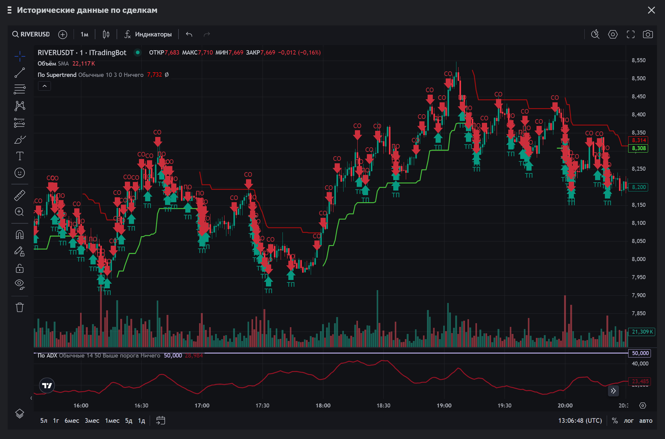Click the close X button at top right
click(651, 10)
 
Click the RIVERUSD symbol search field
click(31, 34)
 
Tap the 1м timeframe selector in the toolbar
click(84, 34)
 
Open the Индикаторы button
click(148, 34)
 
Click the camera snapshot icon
click(648, 34)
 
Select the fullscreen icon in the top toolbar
click(630, 34)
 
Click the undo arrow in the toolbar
click(189, 34)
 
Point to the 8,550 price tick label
click(639, 60)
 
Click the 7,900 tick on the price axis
click(639, 295)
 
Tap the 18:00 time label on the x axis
click(323, 406)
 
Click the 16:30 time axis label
click(141, 406)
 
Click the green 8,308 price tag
click(639, 148)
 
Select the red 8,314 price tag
click(639, 140)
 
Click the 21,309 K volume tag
click(642, 332)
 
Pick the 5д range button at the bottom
click(129, 421)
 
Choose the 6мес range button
click(72, 421)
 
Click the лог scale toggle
click(628, 421)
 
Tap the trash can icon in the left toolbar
click(20, 307)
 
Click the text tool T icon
click(20, 156)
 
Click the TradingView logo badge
click(47, 385)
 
